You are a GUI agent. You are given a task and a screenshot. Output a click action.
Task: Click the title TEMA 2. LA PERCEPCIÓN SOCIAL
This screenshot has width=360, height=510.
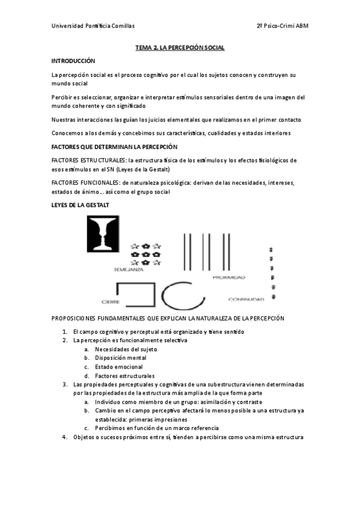point(180,48)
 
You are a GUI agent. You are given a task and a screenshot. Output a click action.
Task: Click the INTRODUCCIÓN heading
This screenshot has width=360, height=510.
point(73,61)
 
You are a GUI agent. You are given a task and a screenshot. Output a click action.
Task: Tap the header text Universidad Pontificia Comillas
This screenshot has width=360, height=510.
point(93,26)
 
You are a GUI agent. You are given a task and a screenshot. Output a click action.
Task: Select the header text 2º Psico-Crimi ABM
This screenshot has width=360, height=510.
point(282,26)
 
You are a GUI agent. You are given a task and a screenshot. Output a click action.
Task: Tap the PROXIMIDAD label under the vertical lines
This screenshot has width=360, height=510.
point(228,277)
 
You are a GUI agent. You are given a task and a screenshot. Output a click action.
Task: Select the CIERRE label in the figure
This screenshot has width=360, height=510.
point(111,301)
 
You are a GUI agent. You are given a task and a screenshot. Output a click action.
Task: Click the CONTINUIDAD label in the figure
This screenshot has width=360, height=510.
point(246,299)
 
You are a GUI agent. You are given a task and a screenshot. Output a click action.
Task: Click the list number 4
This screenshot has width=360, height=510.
point(64,437)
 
